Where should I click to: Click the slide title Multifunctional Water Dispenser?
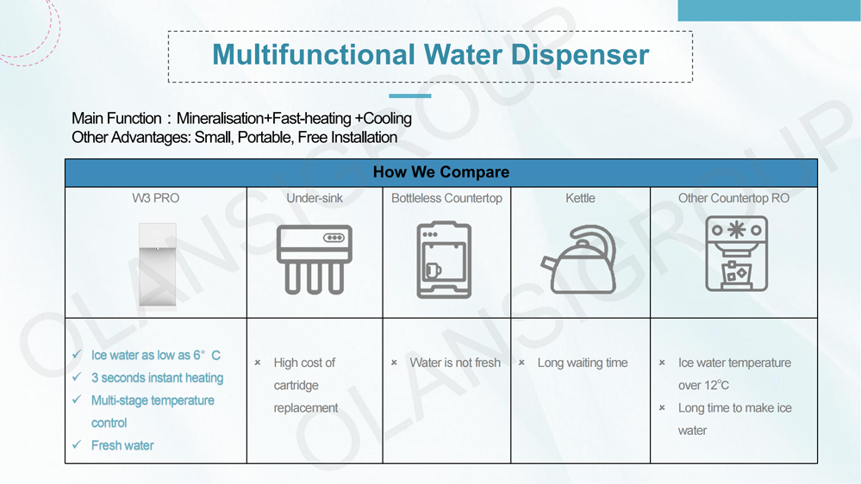pyautogui.click(x=430, y=55)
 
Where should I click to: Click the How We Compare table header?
pyautogui.click(x=440, y=172)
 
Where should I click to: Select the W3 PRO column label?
pyautogui.click(x=155, y=198)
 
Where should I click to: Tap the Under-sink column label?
pyautogui.click(x=314, y=198)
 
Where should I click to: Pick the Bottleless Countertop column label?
pyautogui.click(x=446, y=198)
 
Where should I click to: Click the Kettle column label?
pyautogui.click(x=580, y=198)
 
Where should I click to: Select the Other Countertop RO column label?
pyautogui.click(x=733, y=198)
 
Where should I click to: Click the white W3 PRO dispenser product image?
pyautogui.click(x=157, y=264)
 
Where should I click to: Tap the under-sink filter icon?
pyautogui.click(x=314, y=259)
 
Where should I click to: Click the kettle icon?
pyautogui.click(x=579, y=260)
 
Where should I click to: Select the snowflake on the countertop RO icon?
pyautogui.click(x=735, y=230)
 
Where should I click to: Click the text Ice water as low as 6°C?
pyautogui.click(x=155, y=355)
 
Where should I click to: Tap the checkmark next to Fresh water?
pyautogui.click(x=76, y=445)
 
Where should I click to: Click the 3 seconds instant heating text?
pyautogui.click(x=157, y=377)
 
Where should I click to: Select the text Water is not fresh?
pyautogui.click(x=454, y=363)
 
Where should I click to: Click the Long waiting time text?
pyautogui.click(x=582, y=363)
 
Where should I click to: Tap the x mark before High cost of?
pyautogui.click(x=258, y=363)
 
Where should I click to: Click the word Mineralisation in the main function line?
pyautogui.click(x=220, y=118)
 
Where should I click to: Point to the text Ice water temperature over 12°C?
pyautogui.click(x=733, y=374)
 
